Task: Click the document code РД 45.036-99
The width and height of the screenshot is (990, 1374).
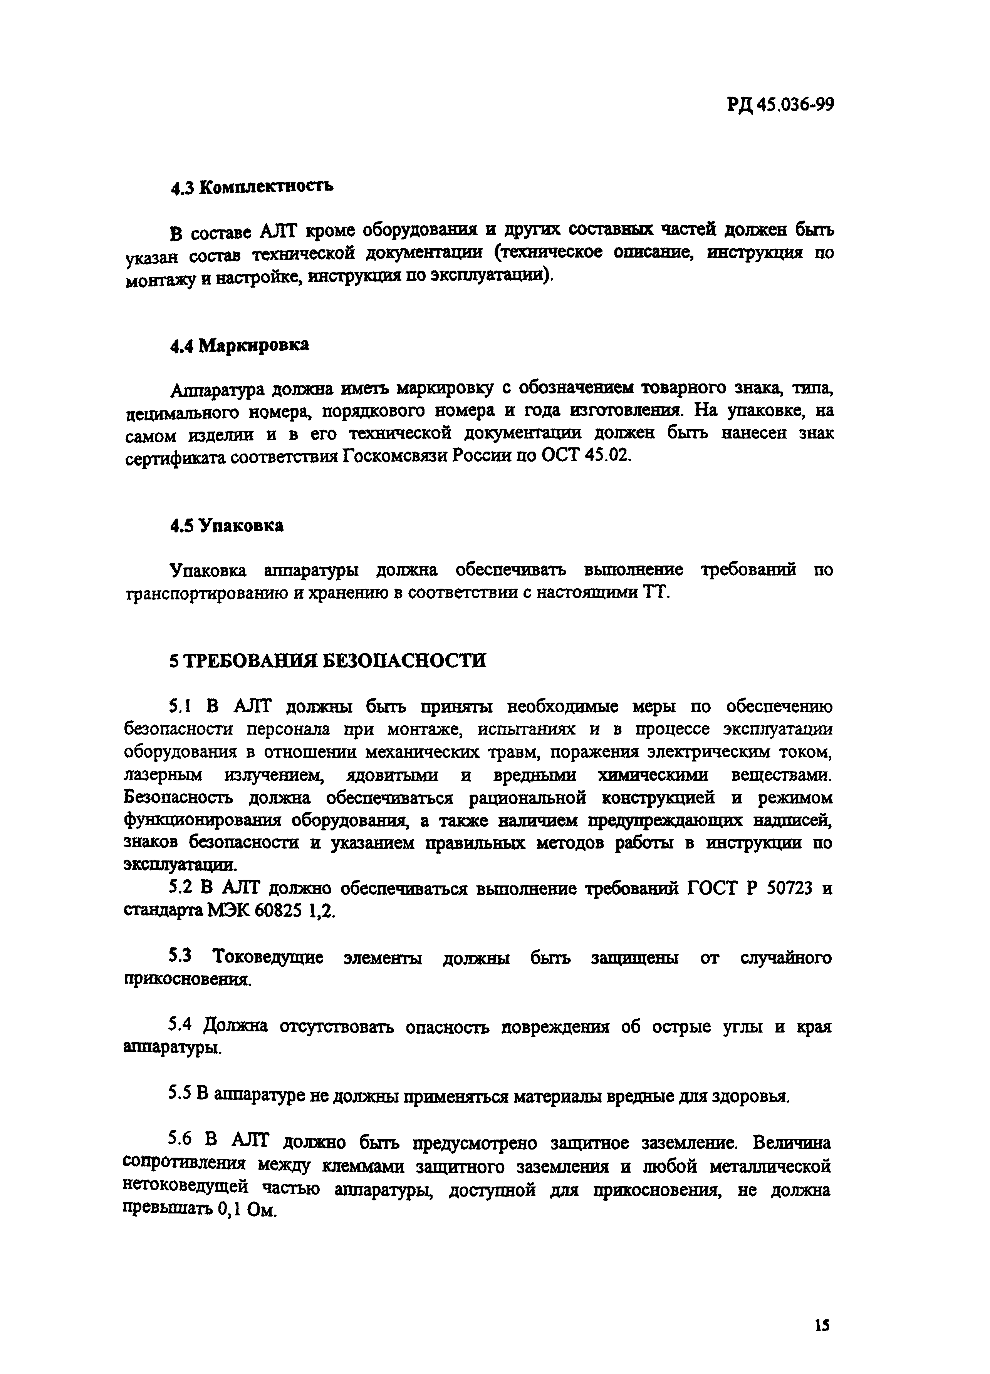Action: pos(780,105)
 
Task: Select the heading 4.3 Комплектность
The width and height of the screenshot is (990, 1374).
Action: pos(251,187)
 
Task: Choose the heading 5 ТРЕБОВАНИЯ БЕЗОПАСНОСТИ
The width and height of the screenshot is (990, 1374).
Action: pos(327,660)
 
